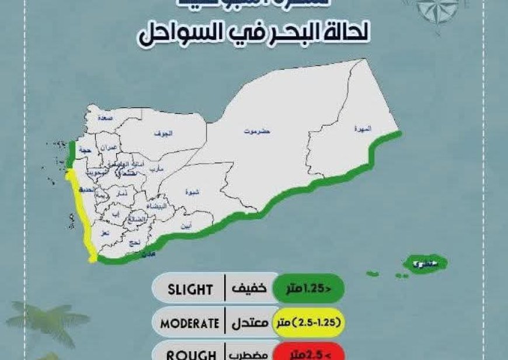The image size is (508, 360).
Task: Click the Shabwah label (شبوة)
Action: tap(191, 191)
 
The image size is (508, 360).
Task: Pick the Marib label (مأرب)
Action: tap(156, 168)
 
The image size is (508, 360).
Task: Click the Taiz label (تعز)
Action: tap(105, 232)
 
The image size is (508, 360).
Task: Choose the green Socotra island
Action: tap(418, 264)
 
